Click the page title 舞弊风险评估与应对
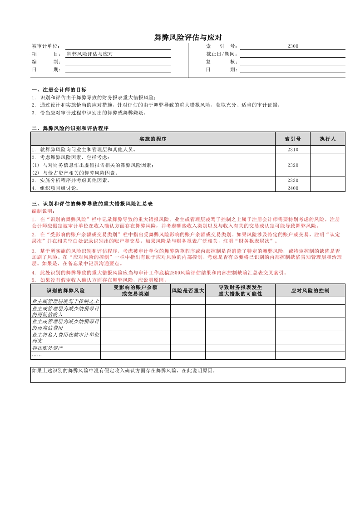(188, 38)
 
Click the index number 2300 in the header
(293, 46)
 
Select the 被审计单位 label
(46, 46)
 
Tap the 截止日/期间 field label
(222, 54)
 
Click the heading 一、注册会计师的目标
(59, 90)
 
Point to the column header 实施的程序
(153, 139)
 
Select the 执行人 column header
(327, 139)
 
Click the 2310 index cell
(293, 149)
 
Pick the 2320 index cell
(293, 165)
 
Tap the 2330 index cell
(293, 180)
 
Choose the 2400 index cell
(293, 188)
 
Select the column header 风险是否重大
(188, 290)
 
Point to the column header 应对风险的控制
(310, 290)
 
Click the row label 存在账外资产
(48, 348)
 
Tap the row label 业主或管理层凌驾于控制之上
(65, 301)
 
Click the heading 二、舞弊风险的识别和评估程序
(70, 128)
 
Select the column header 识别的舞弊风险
(65, 290)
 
